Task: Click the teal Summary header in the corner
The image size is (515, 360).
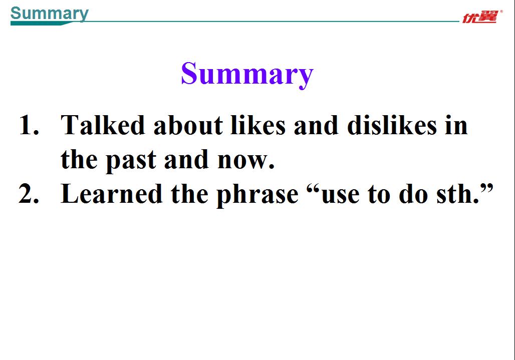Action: click(x=49, y=14)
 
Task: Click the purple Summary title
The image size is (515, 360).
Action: click(x=247, y=75)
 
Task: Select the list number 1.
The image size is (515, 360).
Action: click(x=29, y=125)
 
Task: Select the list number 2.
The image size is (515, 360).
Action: click(x=29, y=194)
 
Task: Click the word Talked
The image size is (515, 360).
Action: click(x=103, y=125)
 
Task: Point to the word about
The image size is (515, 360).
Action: click(x=188, y=125)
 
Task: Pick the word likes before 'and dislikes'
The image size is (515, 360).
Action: click(x=258, y=125)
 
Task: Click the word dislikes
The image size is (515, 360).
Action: click(x=392, y=125)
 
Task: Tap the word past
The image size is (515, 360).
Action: click(x=131, y=160)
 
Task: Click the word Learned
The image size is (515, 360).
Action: click(x=112, y=194)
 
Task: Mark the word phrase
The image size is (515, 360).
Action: click(x=257, y=195)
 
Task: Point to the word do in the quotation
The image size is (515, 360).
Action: click(x=413, y=194)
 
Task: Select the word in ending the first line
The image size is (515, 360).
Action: click(x=456, y=125)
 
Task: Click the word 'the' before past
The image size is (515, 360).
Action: click(x=79, y=159)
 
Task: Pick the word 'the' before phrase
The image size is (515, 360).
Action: click(x=189, y=194)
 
